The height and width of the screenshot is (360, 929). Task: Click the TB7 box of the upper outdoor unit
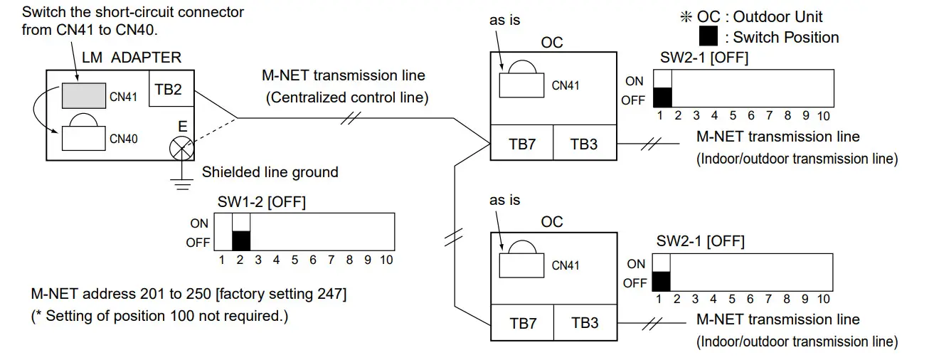[522, 144]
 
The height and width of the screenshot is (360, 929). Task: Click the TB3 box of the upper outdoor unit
[584, 144]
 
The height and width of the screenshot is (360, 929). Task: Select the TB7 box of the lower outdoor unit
[522, 323]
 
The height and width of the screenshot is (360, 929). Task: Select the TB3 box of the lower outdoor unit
[584, 323]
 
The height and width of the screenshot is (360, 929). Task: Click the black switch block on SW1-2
[242, 240]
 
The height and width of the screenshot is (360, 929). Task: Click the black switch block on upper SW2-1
[662, 97]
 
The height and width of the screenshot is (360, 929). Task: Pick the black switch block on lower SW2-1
[662, 281]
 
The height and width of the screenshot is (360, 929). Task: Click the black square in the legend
[708, 36]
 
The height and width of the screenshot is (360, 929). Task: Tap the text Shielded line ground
[270, 172]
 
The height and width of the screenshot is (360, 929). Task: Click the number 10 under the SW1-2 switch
[386, 260]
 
